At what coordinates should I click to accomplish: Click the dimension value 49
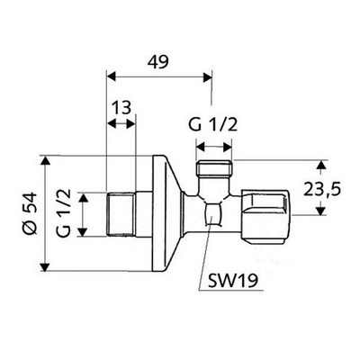pyautogui.click(x=158, y=62)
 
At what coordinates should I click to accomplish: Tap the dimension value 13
pyautogui.click(x=121, y=107)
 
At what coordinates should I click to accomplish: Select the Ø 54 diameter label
pyautogui.click(x=31, y=213)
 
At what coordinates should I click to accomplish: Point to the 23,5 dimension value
pyautogui.click(x=322, y=190)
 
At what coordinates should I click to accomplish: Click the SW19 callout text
pyautogui.click(x=233, y=282)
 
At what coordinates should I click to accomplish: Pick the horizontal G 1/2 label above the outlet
pyautogui.click(x=213, y=124)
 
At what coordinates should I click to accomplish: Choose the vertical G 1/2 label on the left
pyautogui.click(x=63, y=213)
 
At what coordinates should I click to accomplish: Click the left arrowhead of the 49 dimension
pyautogui.click(x=112, y=76)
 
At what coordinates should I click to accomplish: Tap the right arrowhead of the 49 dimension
pyautogui.click(x=208, y=76)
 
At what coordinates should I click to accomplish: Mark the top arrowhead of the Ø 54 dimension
pyautogui.click(x=45, y=160)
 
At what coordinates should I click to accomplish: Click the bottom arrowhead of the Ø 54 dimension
pyautogui.click(x=45, y=266)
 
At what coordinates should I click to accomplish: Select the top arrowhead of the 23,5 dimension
pyautogui.click(x=321, y=165)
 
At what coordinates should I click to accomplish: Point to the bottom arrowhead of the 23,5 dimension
pyautogui.click(x=321, y=211)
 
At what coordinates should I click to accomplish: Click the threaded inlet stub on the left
pyautogui.click(x=121, y=214)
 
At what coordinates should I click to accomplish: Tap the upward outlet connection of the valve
pyautogui.click(x=214, y=177)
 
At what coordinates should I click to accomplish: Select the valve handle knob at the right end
pyautogui.click(x=266, y=215)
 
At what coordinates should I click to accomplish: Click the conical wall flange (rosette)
pyautogui.click(x=166, y=213)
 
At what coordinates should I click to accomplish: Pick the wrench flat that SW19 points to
pyautogui.click(x=212, y=214)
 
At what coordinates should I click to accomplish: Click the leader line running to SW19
pyautogui.click(x=205, y=253)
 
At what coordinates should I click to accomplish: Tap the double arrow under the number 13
pyautogui.click(x=121, y=123)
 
